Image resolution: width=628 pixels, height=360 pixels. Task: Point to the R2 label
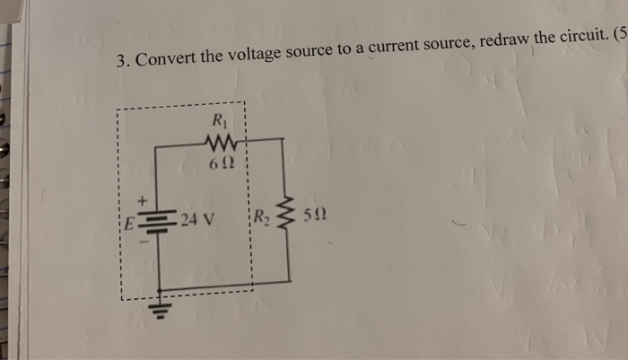[261, 216]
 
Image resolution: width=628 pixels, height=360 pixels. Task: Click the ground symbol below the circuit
[161, 308]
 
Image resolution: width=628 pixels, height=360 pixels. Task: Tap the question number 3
[123, 61]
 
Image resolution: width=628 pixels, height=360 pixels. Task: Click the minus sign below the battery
[142, 241]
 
